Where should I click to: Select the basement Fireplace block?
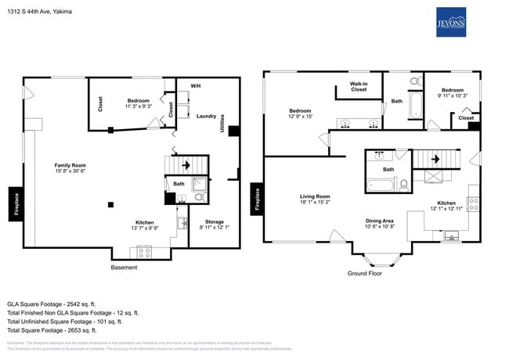pos(15,200)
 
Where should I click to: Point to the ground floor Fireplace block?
pos(255,199)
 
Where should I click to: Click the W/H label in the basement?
pos(196,85)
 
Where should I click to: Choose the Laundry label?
pos(206,116)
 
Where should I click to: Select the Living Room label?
pos(315,199)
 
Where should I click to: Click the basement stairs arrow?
pos(186,166)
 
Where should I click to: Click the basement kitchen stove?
pos(145,251)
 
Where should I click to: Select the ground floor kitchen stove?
pos(473,203)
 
